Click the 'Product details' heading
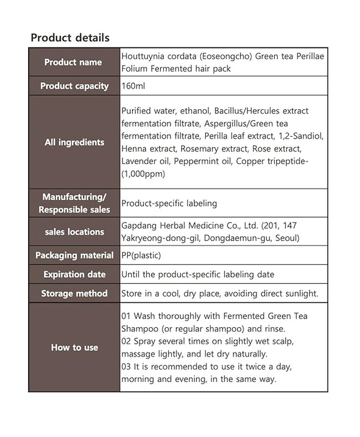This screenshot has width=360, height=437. coord(70,38)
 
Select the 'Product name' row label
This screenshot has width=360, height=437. coord(73,62)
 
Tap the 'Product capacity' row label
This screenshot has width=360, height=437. coord(74,86)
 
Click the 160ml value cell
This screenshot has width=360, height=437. coord(133,86)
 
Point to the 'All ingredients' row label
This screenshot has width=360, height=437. coord(74,142)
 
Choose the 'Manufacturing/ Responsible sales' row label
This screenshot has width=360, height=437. coord(74,203)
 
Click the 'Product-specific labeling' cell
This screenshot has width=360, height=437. coord(169,203)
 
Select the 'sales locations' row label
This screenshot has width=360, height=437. coord(74,232)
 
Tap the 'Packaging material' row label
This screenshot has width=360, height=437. coord(74,255)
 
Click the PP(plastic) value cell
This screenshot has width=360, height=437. coord(141,255)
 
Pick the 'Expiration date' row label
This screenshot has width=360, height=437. coord(74,274)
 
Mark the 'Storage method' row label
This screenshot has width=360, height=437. coord(74,294)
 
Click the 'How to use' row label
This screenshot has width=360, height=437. coord(74,348)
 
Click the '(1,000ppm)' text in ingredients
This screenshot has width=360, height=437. coord(143,174)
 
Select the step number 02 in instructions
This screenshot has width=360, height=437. coord(127,341)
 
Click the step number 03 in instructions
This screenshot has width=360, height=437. coord(127,367)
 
